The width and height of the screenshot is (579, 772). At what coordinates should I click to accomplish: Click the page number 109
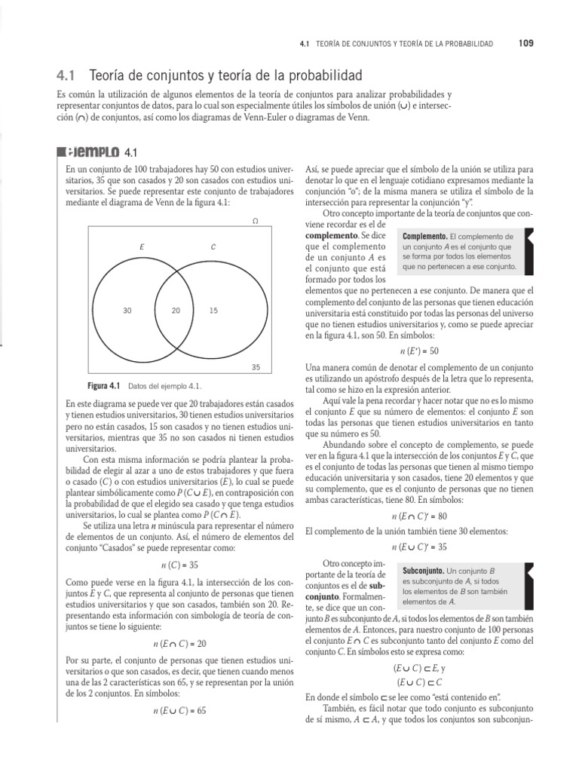[525, 44]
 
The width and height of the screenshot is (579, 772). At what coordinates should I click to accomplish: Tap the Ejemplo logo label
[93, 152]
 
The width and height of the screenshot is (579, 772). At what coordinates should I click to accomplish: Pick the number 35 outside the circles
[255, 367]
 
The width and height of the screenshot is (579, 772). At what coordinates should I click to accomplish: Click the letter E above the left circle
[142, 247]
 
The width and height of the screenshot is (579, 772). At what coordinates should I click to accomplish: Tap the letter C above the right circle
[213, 247]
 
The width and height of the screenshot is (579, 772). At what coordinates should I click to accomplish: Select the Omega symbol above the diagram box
[255, 222]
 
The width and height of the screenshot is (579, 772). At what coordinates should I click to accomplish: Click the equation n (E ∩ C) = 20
[179, 644]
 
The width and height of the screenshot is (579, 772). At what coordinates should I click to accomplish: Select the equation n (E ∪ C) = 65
[179, 710]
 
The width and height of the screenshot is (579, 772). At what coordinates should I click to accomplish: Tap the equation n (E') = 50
[419, 351]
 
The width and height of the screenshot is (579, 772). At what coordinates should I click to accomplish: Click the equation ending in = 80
[419, 516]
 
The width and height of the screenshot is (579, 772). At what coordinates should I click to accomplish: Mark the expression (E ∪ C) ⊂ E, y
[419, 668]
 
